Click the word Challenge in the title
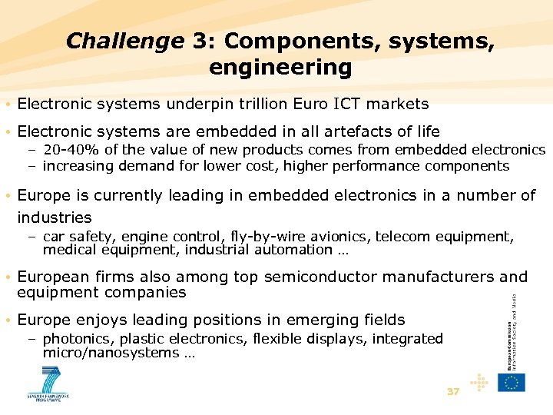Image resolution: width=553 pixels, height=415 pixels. click(125, 41)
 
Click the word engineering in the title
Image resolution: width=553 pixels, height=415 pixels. click(280, 68)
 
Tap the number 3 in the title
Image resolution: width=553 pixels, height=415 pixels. click(197, 41)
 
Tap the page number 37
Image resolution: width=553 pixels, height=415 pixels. click(453, 392)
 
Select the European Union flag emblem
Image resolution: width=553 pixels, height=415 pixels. click(512, 381)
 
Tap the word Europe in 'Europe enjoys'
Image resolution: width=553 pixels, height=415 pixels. click(43, 320)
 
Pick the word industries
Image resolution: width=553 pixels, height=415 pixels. click(54, 217)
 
